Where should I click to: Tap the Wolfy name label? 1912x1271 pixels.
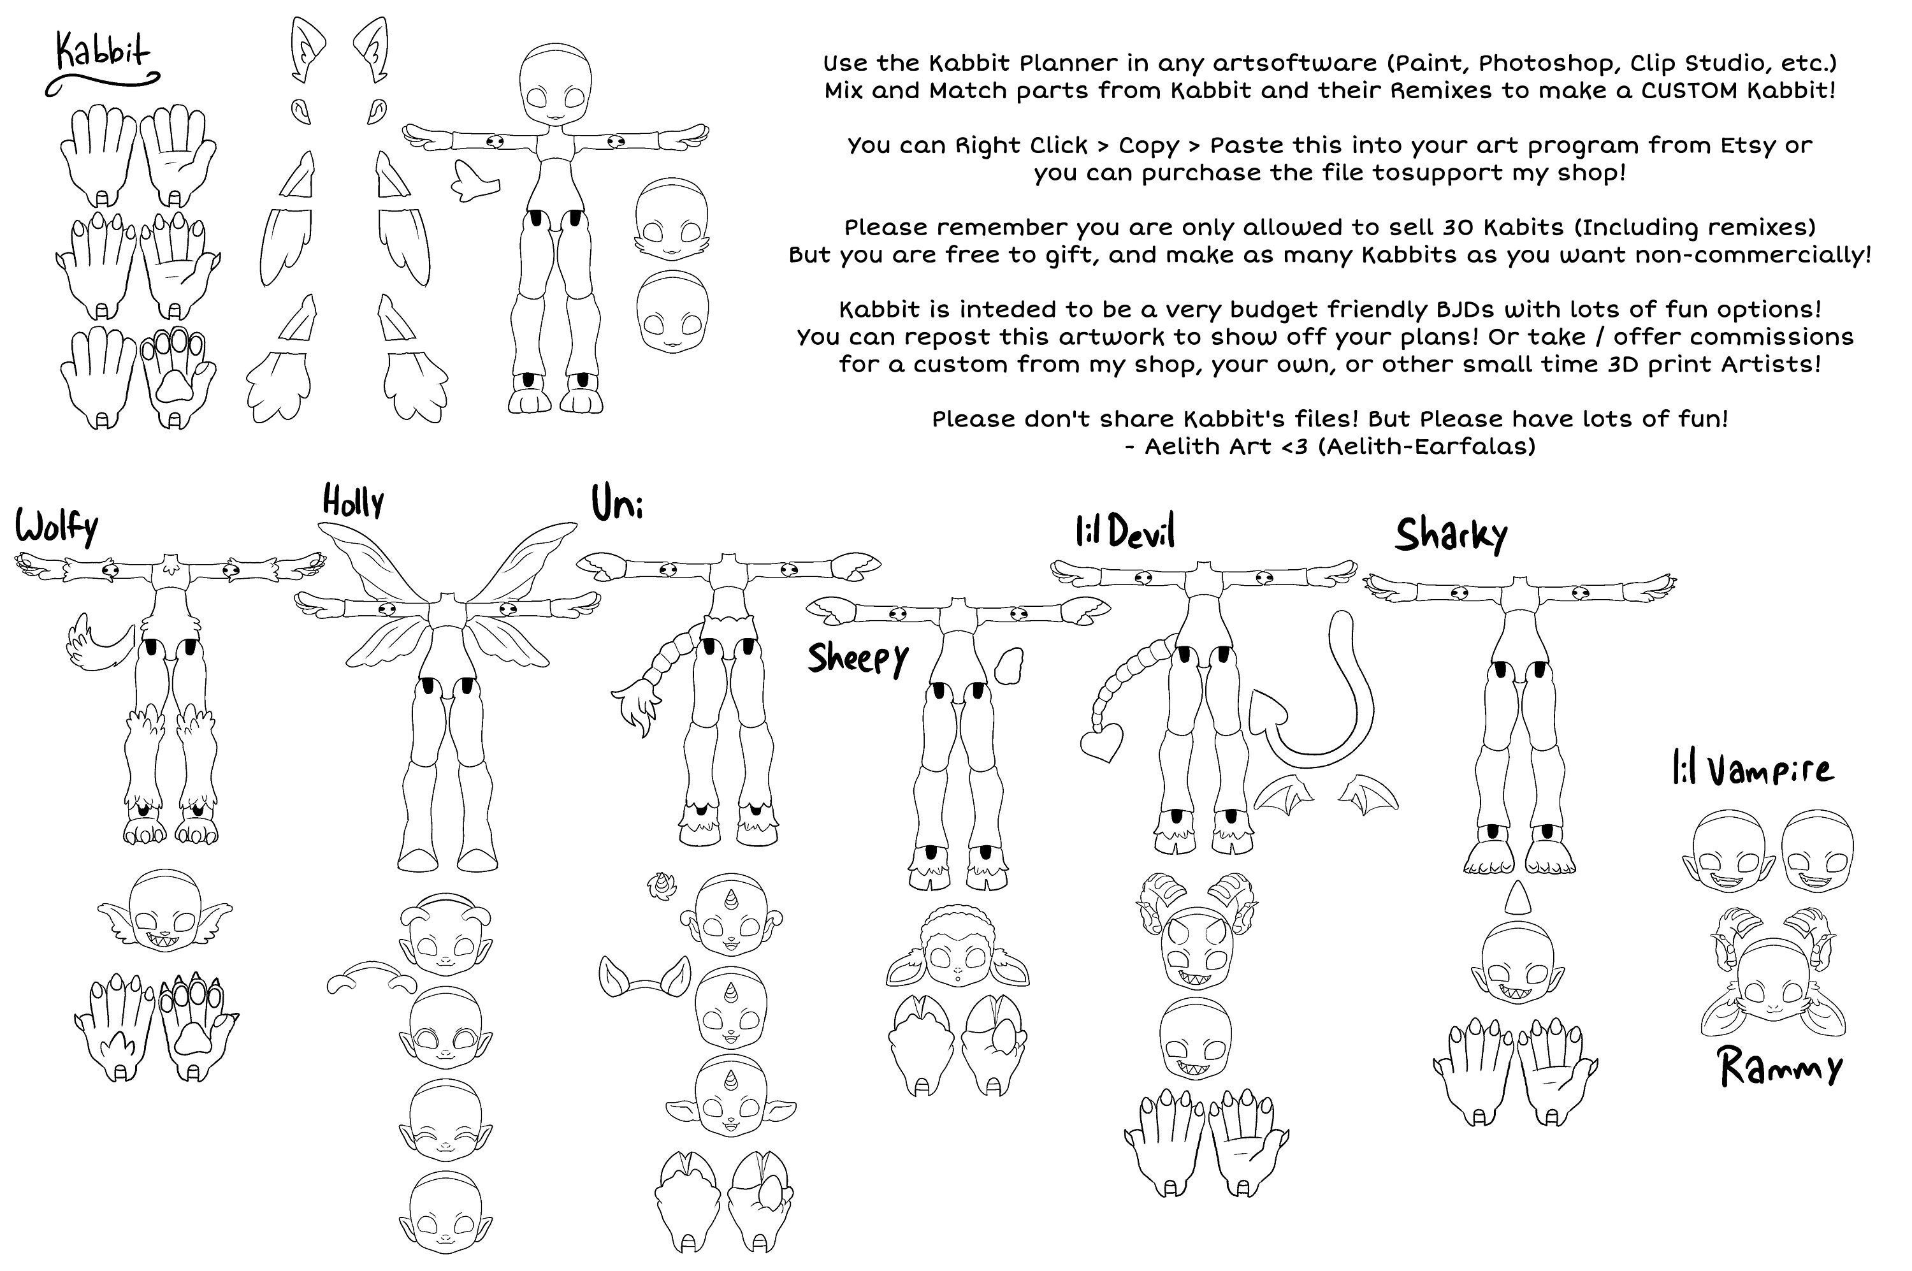[x=57, y=528]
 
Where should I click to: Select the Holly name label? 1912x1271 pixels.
[x=352, y=502]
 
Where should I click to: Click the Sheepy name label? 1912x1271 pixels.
[x=857, y=658]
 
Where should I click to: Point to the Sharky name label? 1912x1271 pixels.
[x=1450, y=534]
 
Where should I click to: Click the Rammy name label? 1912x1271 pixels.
[x=1780, y=1068]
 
